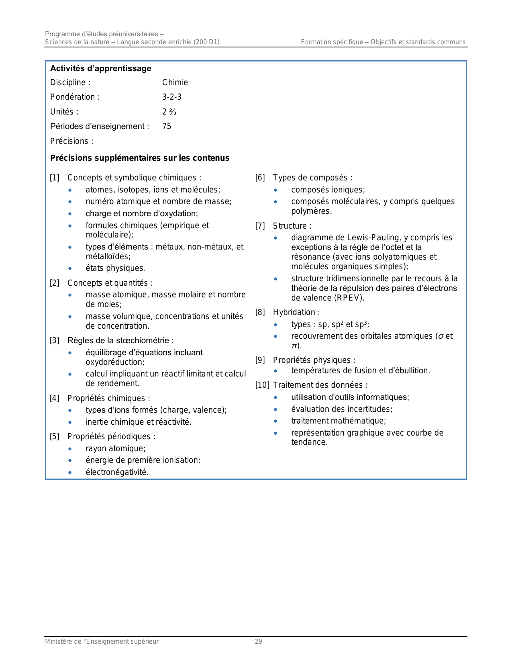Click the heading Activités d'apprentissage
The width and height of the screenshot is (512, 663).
pos(100,68)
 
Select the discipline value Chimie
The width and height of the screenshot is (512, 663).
pos(175,82)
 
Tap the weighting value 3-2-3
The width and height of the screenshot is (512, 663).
pos(172,97)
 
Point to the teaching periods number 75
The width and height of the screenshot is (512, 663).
pos(167,126)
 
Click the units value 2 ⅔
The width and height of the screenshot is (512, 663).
pos(169,112)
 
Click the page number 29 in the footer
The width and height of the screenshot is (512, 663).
pos(258,642)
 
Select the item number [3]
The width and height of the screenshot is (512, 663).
pos(55,341)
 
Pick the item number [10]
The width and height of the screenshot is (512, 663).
pos(262,385)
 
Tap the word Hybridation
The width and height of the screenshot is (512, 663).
pos(295,312)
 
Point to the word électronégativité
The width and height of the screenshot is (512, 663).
pos(116,472)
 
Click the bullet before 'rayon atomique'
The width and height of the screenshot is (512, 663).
pos(70,449)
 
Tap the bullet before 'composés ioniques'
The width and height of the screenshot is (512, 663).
pos(275,190)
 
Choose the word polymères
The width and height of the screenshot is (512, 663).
pos(311,211)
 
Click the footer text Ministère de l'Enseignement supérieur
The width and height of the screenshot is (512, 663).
pos(102,642)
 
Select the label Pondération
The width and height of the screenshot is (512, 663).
pos(73,97)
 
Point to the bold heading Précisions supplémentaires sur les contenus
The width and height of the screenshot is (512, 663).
pos(140,158)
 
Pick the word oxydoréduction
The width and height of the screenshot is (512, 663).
pos(114,362)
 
